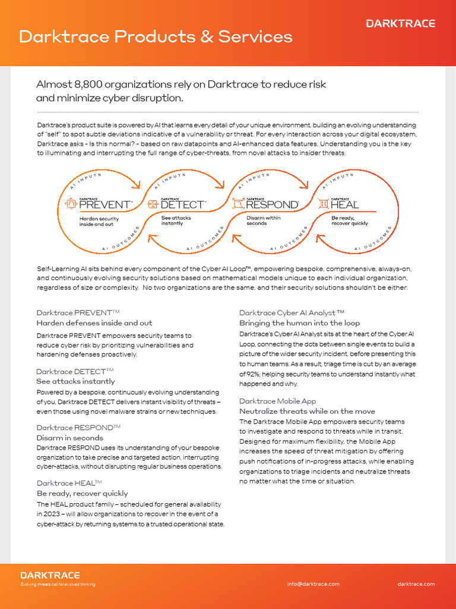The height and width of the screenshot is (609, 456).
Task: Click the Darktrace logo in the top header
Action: [400, 24]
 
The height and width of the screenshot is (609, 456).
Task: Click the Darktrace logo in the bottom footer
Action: [50, 575]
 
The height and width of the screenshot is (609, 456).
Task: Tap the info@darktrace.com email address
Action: [313, 584]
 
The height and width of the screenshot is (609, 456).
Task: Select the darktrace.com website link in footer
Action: [416, 584]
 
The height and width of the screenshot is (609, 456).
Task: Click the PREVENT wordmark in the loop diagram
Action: [105, 205]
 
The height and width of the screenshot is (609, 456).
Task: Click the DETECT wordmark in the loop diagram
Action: [182, 205]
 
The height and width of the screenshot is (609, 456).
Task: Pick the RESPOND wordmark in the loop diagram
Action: [272, 205]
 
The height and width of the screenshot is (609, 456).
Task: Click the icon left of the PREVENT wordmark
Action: [71, 204]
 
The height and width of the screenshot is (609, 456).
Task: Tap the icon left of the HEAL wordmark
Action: [323, 204]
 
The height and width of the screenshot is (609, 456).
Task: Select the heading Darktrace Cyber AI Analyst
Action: [292, 312]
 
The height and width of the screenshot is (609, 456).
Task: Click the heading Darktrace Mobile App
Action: [277, 401]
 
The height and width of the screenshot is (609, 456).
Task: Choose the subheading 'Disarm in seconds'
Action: [69, 438]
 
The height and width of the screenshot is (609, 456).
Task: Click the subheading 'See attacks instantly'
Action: [75, 381]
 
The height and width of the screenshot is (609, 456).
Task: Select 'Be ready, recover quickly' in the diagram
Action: [349, 221]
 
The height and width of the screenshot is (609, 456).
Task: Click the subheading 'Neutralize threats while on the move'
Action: [307, 411]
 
